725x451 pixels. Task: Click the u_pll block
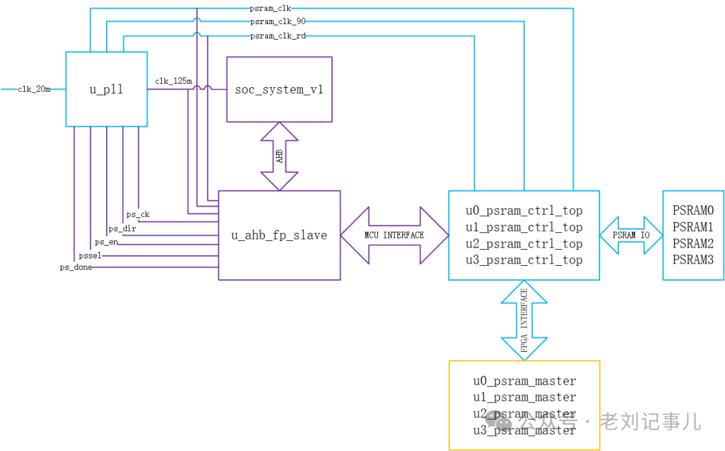click(x=106, y=89)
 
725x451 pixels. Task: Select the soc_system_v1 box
click(x=279, y=89)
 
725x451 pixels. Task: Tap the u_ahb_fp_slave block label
click(x=279, y=235)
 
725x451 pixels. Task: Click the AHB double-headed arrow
click(x=279, y=156)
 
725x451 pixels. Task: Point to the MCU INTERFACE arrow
click(x=394, y=235)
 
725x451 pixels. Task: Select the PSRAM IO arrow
click(x=631, y=235)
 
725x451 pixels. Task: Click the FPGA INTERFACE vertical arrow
click(x=524, y=320)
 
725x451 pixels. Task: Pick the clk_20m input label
click(x=34, y=89)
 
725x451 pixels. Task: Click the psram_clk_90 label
click(x=278, y=22)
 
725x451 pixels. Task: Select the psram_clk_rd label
click(x=278, y=36)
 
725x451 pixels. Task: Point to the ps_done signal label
click(x=76, y=267)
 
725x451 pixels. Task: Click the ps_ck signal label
click(x=138, y=215)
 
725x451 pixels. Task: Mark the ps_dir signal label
click(x=122, y=229)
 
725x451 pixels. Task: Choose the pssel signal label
click(x=89, y=255)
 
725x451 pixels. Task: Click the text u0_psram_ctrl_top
click(x=524, y=211)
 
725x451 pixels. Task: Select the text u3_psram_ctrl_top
click(x=524, y=260)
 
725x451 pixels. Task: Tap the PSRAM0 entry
click(x=693, y=211)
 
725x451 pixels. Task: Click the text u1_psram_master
click(x=524, y=397)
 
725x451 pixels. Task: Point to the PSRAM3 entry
click(x=693, y=260)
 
